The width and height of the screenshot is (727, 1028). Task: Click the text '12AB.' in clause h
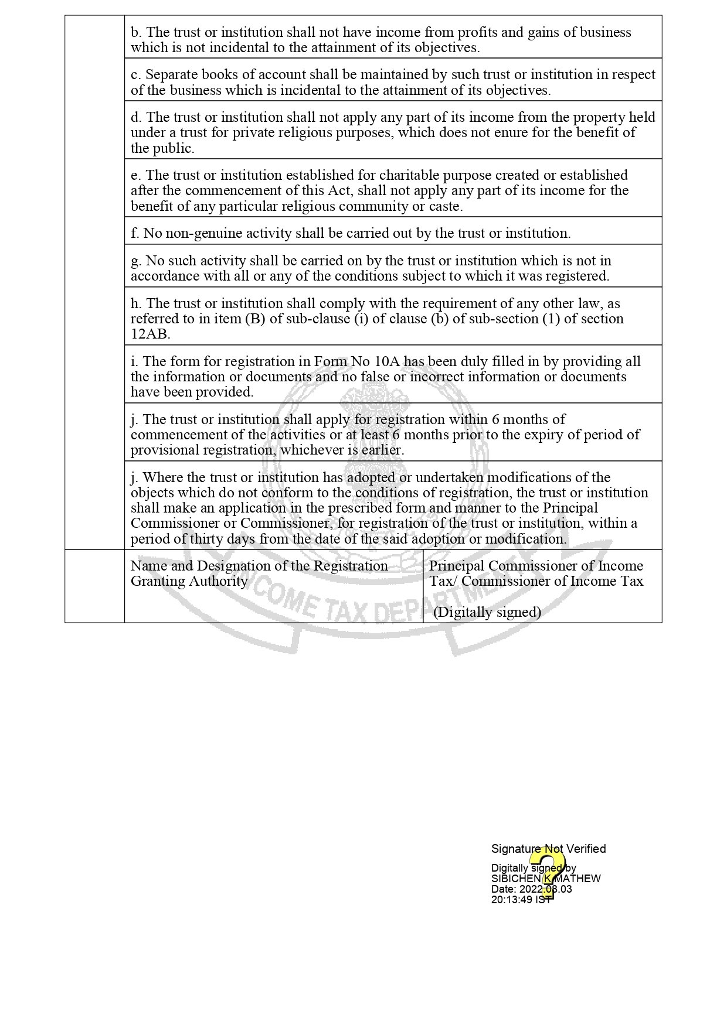[x=150, y=334]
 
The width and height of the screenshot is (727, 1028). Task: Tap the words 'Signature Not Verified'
[x=548, y=849]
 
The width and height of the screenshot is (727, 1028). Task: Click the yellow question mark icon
[x=548, y=873]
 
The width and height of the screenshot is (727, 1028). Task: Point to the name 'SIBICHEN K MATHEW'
[x=545, y=879]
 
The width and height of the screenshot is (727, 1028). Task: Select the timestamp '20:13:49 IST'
[x=521, y=899]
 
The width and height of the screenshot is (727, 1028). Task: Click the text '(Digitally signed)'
[x=487, y=612]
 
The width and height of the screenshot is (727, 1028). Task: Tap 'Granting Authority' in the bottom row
[x=189, y=581]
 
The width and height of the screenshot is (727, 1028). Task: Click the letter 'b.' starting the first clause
[x=136, y=32]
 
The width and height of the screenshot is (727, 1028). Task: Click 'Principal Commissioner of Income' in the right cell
[x=536, y=566]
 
